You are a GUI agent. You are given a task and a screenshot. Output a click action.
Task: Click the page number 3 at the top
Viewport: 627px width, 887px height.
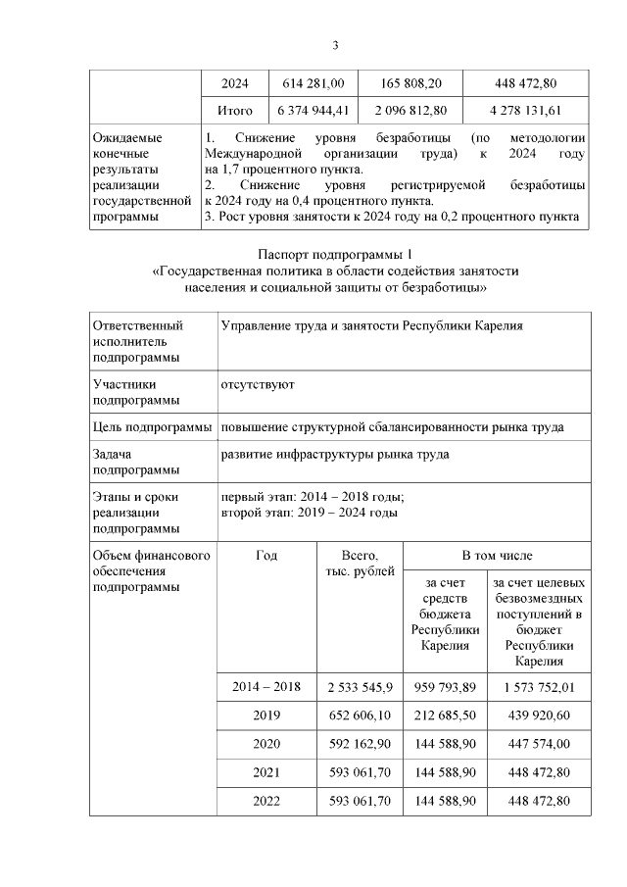[x=335, y=45]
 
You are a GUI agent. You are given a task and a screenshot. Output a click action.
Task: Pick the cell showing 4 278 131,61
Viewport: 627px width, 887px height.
[x=526, y=111]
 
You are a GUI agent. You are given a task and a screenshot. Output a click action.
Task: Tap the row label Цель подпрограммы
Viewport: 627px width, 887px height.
[x=153, y=427]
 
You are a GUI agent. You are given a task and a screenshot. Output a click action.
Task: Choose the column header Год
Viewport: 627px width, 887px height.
[x=265, y=555]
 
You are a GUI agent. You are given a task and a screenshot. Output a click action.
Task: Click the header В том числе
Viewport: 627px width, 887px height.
[x=497, y=555]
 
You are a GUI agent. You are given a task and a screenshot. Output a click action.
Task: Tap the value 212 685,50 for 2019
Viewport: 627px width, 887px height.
[x=446, y=715]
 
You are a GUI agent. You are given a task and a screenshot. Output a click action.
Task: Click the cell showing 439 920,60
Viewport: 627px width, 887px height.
[x=540, y=715]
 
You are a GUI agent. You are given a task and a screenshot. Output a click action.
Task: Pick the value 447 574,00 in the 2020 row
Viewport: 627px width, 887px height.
[x=540, y=744]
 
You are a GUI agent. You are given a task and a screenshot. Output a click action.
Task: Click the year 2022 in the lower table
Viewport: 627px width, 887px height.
[x=265, y=801]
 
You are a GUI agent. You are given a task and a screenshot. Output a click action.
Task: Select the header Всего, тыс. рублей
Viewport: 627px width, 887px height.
[x=359, y=563]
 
